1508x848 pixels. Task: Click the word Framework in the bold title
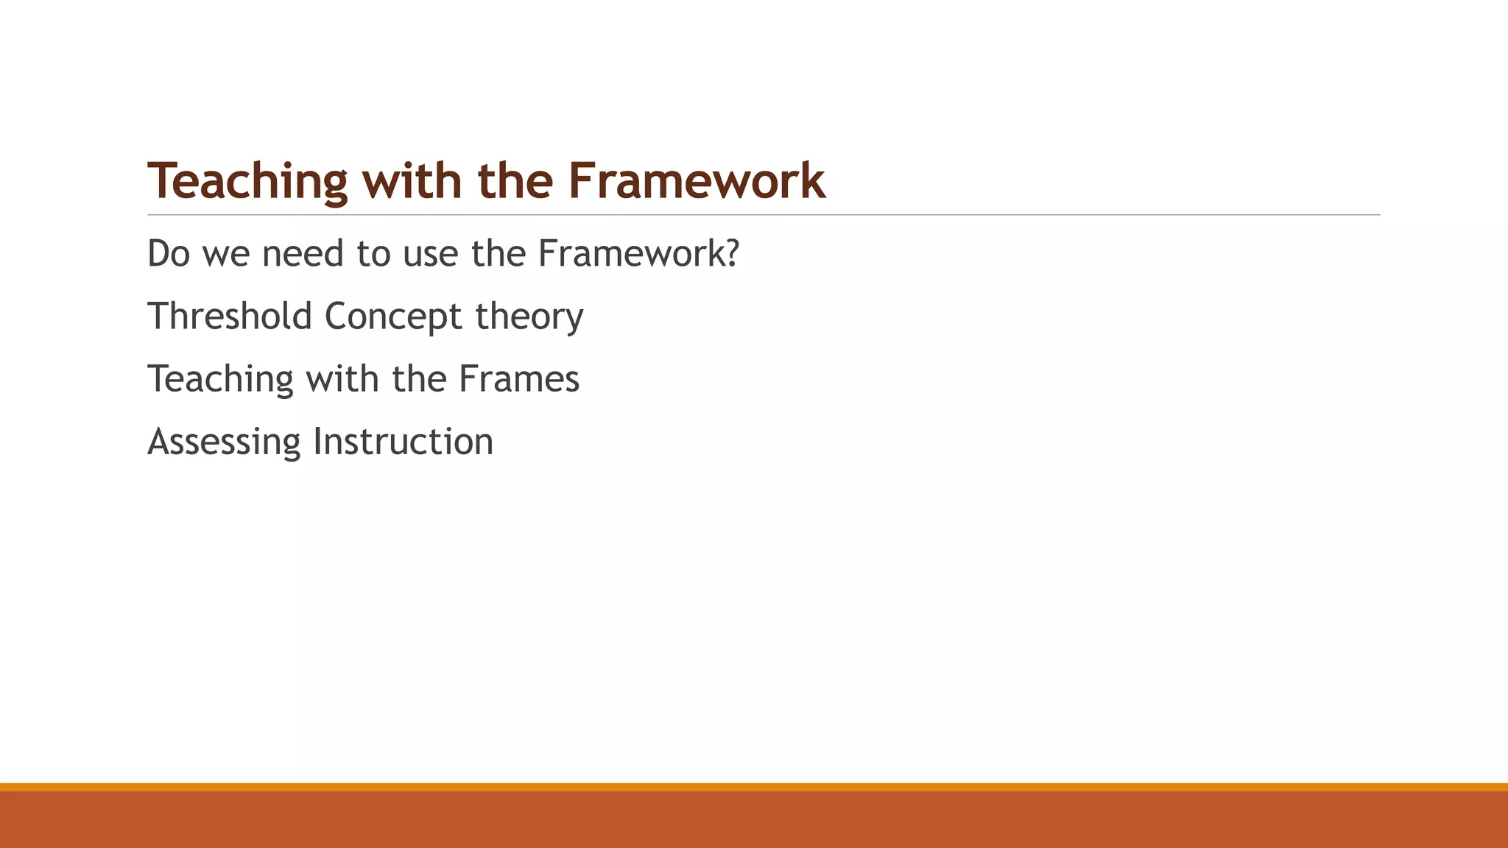(697, 181)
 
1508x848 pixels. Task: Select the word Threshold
(230, 317)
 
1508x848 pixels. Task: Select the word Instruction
(403, 442)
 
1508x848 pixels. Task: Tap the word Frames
(518, 379)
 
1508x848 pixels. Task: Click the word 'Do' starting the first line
(169, 254)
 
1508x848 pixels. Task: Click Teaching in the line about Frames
(220, 380)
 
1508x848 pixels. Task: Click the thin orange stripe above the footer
(754, 787)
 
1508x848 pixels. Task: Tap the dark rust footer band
(754, 820)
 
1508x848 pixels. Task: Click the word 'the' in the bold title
(515, 181)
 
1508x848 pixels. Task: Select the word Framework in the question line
(631, 254)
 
